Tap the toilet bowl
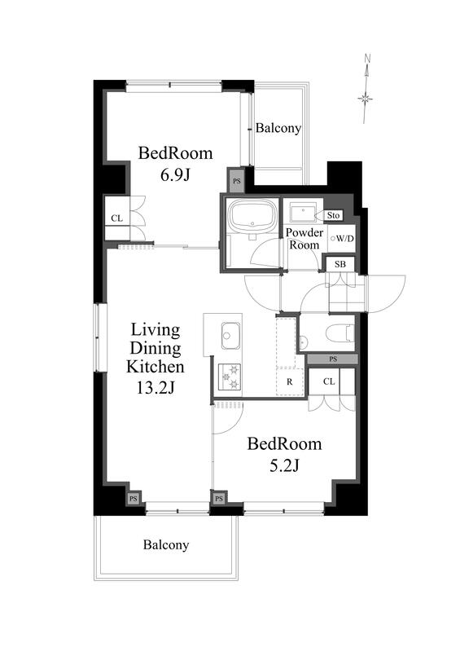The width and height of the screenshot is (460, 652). (x=339, y=333)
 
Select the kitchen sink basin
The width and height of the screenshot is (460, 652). (x=231, y=335)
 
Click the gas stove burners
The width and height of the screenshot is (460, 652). (x=230, y=377)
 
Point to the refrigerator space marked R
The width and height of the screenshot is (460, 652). (x=290, y=381)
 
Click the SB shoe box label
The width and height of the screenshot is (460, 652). (x=340, y=264)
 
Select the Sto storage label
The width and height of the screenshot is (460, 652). (x=333, y=215)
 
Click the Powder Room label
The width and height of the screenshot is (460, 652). (x=304, y=239)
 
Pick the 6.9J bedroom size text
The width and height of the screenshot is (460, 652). (x=175, y=175)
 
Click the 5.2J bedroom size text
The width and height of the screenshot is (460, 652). (x=284, y=465)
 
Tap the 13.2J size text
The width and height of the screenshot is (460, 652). (x=156, y=388)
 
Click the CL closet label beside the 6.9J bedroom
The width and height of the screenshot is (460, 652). (x=116, y=218)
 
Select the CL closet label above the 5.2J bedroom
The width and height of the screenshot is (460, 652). (x=329, y=381)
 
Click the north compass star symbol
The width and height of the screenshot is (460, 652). (x=366, y=99)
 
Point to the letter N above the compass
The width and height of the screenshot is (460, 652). (x=367, y=58)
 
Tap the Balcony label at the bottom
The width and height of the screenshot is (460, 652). (x=166, y=544)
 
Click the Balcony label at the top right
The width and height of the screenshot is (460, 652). (x=278, y=128)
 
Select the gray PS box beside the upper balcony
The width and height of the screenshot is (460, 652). (x=236, y=181)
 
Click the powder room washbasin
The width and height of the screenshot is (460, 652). (x=303, y=213)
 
